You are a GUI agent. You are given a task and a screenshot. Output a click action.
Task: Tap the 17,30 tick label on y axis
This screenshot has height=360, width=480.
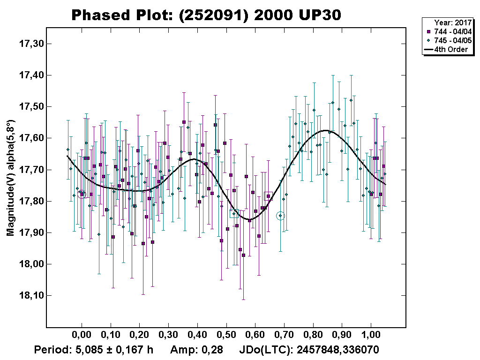pyautogui.click(x=30, y=44)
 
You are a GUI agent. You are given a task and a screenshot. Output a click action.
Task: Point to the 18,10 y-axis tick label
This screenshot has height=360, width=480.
pyautogui.click(x=30, y=296)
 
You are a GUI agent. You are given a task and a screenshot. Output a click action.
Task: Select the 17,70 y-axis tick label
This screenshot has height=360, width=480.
pyautogui.click(x=30, y=170)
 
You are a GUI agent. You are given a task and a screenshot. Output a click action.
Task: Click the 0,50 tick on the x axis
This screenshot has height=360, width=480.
pyautogui.click(x=226, y=336)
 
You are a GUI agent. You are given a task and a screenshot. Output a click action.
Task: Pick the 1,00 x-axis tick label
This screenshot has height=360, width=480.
pyautogui.click(x=371, y=336)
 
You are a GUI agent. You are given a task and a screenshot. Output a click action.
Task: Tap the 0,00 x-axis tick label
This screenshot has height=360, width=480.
pyautogui.click(x=82, y=336)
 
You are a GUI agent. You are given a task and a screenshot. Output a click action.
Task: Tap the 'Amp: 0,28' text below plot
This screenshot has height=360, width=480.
pyautogui.click(x=196, y=350)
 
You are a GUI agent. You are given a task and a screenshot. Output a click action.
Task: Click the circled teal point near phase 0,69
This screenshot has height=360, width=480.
pyautogui.click(x=280, y=216)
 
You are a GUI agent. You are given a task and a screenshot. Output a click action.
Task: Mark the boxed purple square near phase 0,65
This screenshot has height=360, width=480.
pyautogui.click(x=268, y=196)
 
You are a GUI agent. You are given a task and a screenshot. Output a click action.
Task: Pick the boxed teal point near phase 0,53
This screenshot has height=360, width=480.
pyautogui.click(x=234, y=214)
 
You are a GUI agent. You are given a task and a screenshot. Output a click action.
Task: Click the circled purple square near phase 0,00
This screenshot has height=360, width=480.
pyautogui.click(x=82, y=194)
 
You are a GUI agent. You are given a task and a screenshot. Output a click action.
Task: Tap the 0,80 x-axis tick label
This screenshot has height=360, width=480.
pyautogui.click(x=313, y=336)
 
